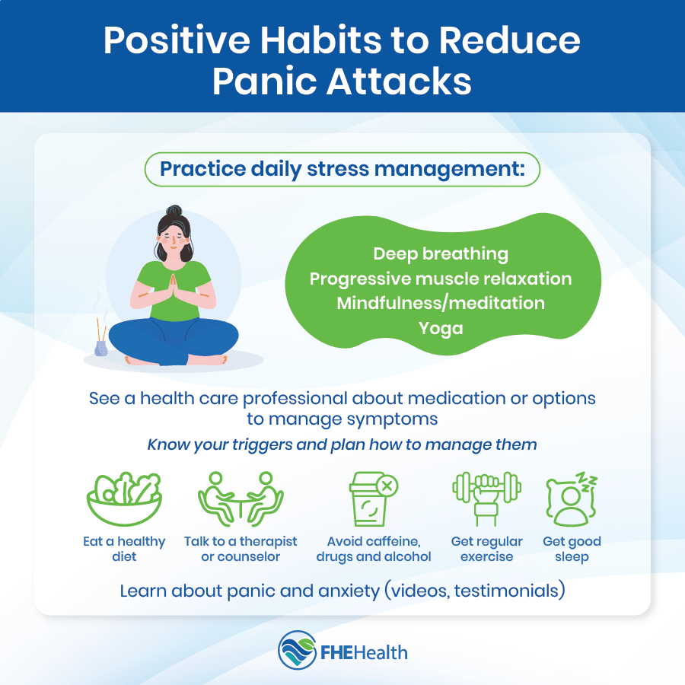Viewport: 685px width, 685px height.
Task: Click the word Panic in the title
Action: click(x=264, y=81)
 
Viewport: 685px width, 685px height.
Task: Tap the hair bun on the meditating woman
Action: click(x=174, y=211)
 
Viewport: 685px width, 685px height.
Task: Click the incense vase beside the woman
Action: click(x=101, y=348)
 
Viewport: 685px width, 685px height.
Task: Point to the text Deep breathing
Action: click(x=441, y=253)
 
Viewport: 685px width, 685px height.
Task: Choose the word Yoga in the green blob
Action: click(x=441, y=328)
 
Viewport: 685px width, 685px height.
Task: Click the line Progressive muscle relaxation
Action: click(x=441, y=279)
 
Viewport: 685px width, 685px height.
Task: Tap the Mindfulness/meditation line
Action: click(x=441, y=303)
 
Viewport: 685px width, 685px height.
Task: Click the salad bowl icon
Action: click(x=125, y=499)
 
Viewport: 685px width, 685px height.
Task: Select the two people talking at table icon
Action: click(x=241, y=499)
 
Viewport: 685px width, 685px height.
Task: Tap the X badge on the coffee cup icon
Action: click(x=387, y=486)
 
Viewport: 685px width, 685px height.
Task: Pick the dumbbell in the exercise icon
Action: click(x=486, y=486)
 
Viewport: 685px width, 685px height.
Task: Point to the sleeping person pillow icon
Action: click(x=572, y=499)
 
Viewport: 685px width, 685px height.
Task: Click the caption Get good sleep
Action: click(x=572, y=549)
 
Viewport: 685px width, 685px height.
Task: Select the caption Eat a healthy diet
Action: click(x=125, y=549)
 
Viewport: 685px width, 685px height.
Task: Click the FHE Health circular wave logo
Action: click(x=297, y=651)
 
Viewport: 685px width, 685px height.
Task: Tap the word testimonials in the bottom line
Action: click(x=507, y=591)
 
